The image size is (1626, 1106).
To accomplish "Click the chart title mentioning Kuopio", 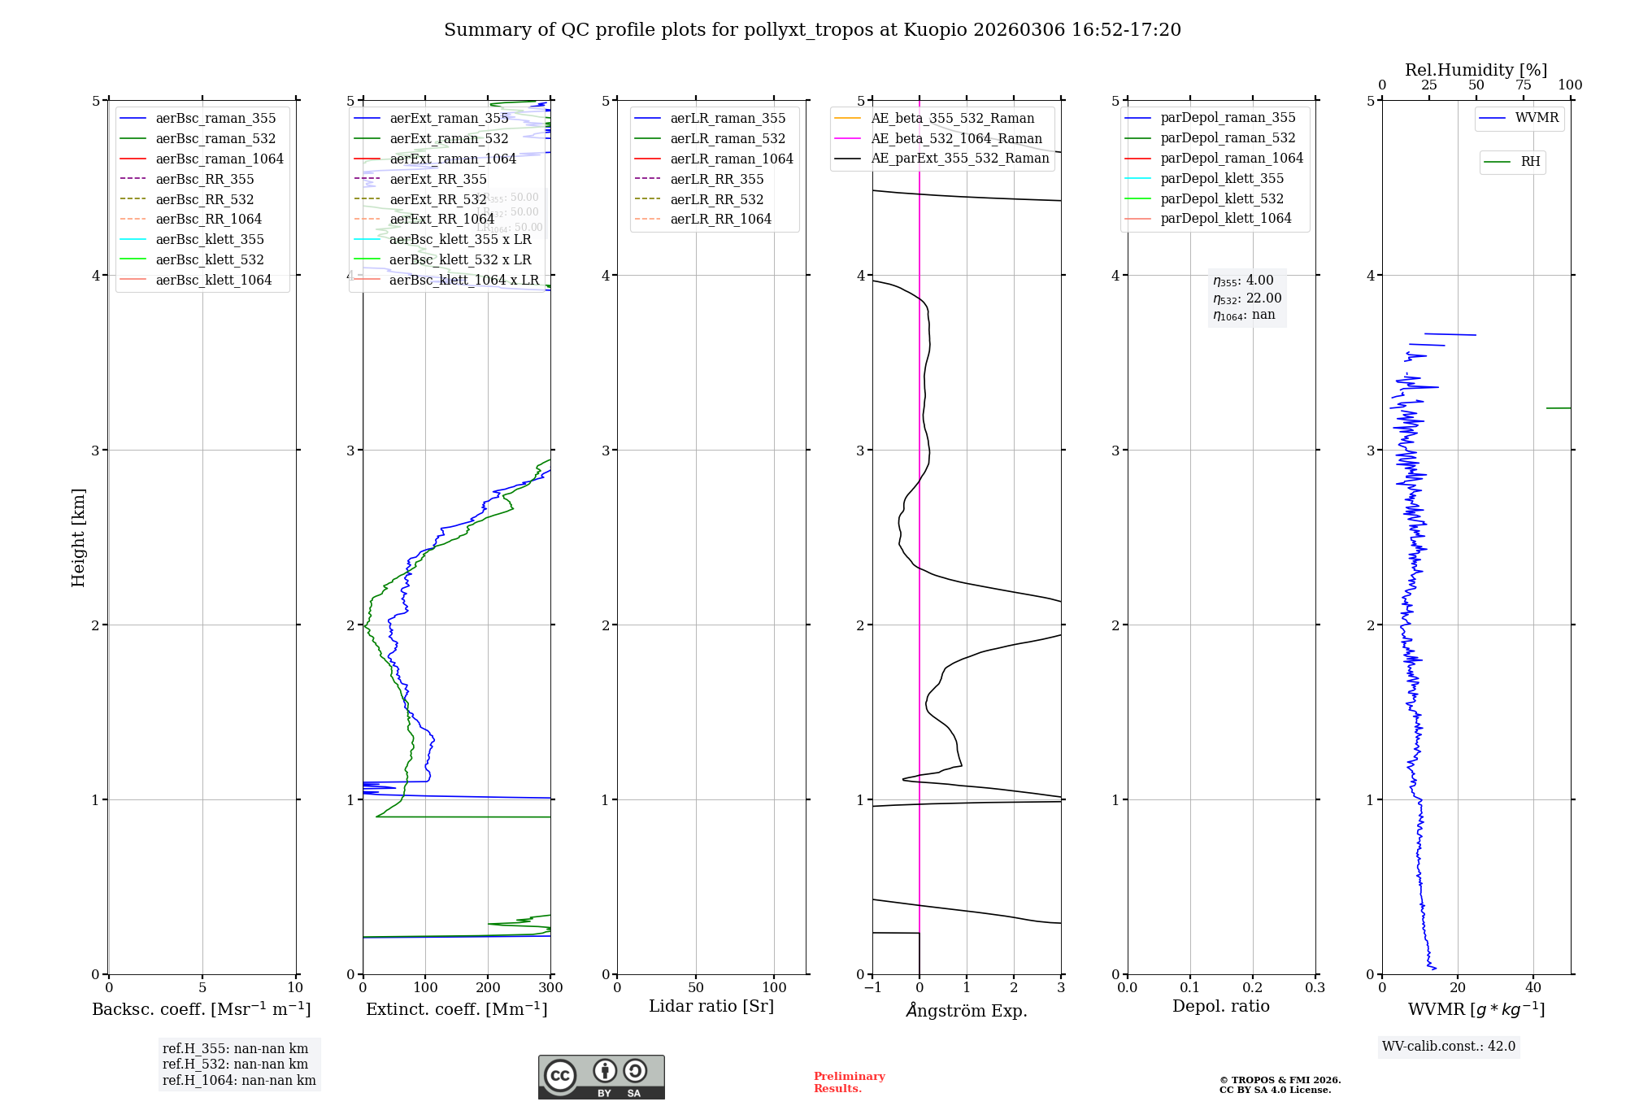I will click(812, 30).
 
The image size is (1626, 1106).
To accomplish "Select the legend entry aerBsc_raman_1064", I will click(220, 159).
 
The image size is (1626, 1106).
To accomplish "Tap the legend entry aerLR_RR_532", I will click(716, 199).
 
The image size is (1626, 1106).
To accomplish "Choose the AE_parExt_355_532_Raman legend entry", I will click(959, 159).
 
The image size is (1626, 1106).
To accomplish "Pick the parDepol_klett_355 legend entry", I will click(1222, 178).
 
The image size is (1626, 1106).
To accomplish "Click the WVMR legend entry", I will click(1537, 118).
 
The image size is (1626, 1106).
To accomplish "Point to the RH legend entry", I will click(1530, 162).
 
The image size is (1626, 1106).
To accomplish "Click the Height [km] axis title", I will click(78, 537).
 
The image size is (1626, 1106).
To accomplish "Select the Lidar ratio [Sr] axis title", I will click(711, 1006).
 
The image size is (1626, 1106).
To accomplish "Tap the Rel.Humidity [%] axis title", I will click(1476, 70).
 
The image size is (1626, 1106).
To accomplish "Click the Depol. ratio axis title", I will click(1220, 1006).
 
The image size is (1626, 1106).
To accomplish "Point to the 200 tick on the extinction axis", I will click(488, 988).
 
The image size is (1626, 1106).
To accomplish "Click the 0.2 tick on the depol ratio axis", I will click(1253, 988).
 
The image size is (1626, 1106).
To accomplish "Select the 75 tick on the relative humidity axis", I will click(1524, 85).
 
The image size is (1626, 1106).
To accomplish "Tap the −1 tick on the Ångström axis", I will click(872, 988).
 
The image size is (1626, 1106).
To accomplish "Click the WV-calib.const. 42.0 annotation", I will click(1449, 1046).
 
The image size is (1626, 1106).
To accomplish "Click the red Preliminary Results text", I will click(849, 1082).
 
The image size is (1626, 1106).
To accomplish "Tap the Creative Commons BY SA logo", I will click(601, 1077).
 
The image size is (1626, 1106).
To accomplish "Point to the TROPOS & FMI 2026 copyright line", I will click(1280, 1080).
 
